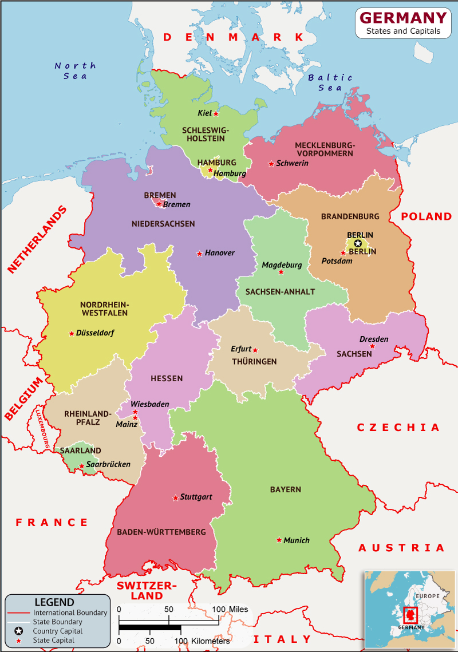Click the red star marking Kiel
coord(216,113)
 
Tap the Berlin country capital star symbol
coord(358,243)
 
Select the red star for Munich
coord(279,540)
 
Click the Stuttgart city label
coord(196,497)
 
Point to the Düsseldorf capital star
coord(72,333)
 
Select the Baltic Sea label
coord(330,82)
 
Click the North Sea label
coord(75,70)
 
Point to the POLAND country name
coord(426,216)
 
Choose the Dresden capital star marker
coord(372,346)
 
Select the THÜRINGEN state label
coord(254,361)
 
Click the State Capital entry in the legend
coord(53,640)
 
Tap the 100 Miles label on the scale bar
coord(231,609)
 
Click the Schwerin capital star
coord(271,164)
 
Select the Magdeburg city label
coord(282,265)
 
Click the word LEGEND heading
coord(54,602)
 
